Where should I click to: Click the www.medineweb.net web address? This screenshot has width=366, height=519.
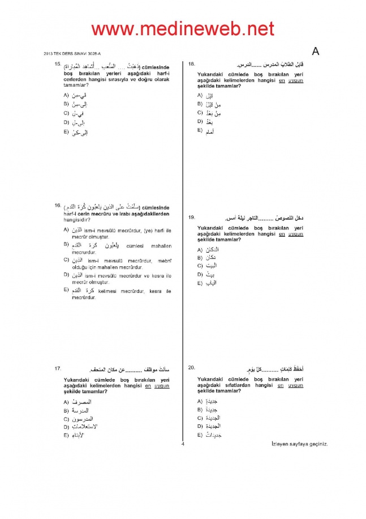(x=183, y=28)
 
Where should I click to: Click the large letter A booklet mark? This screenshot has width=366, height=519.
(x=315, y=52)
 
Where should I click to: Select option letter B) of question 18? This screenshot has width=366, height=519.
(x=200, y=104)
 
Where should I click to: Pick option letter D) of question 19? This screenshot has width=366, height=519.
(x=200, y=274)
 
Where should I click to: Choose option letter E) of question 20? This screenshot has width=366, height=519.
(x=200, y=434)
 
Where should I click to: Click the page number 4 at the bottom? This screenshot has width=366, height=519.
(x=183, y=444)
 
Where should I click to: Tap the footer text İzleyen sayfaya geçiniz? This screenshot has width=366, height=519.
(x=299, y=444)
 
